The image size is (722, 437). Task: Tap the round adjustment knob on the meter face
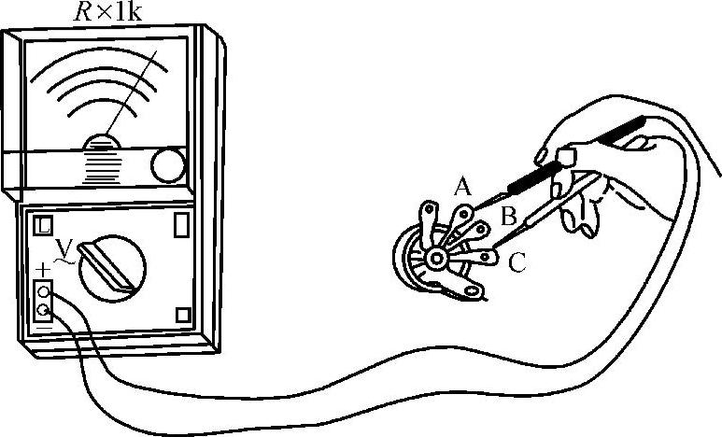tap(169, 164)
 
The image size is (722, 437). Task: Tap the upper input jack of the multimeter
tap(43, 291)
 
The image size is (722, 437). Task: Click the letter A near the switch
tap(461, 187)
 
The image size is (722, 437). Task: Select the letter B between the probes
tap(509, 218)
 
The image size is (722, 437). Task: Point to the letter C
tap(517, 264)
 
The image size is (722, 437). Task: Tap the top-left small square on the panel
tap(44, 226)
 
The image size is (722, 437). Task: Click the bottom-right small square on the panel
tap(184, 316)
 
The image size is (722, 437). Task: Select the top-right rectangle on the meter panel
tap(181, 225)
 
